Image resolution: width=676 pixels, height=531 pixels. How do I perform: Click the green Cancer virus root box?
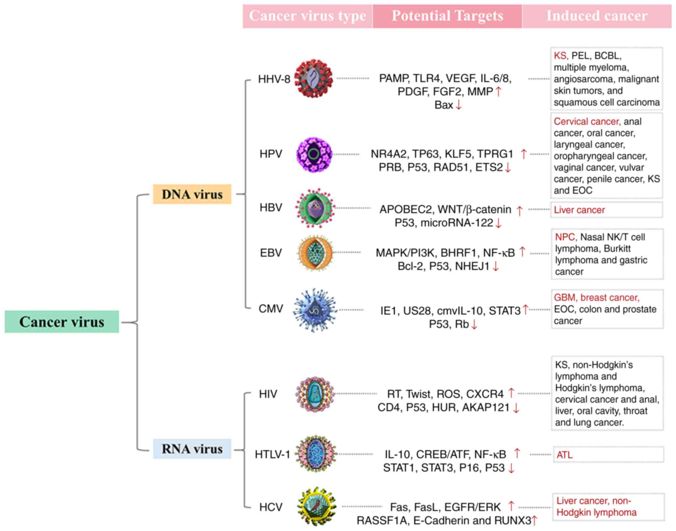tap(62, 322)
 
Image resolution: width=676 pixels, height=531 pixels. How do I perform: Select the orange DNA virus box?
tap(192, 194)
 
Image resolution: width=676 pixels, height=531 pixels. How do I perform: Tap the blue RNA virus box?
tap(192, 449)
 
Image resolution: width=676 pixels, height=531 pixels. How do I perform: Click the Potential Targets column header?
tap(447, 16)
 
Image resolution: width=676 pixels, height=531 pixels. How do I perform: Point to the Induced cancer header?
tap(597, 16)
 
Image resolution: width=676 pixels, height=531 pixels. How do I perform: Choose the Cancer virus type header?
tap(307, 16)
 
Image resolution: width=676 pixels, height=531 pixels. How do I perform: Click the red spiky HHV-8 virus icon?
tap(314, 78)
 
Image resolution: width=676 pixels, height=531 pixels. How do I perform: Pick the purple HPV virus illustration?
tap(314, 154)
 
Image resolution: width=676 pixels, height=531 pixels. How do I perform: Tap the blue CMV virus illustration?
tap(315, 310)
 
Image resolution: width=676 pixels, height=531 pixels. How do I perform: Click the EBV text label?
tap(271, 253)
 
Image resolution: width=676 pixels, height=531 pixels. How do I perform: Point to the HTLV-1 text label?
tap(272, 454)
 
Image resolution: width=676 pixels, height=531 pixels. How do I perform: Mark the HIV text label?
tap(268, 394)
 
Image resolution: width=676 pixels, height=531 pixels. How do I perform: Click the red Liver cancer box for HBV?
tap(606, 210)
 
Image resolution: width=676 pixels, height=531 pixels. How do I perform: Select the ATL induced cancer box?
tap(608, 455)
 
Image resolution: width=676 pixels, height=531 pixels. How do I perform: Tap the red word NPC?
tap(565, 237)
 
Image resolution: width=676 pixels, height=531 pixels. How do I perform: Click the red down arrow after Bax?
tap(459, 105)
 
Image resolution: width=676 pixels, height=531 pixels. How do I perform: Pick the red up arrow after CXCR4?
tap(511, 393)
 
